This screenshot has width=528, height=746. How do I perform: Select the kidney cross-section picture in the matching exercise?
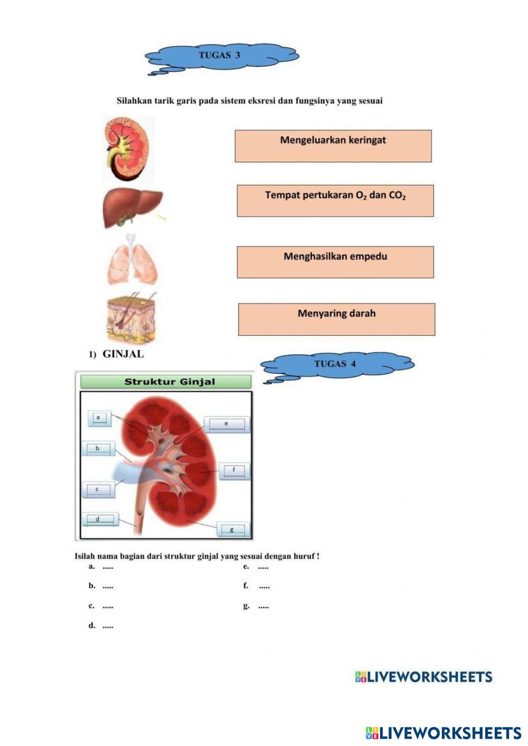point(127,148)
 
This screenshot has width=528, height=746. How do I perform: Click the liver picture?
point(133,207)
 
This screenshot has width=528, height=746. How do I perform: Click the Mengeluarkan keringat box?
point(333,146)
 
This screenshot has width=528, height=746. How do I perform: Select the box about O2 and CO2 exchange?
point(335,201)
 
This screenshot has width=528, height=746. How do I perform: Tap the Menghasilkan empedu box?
point(335,262)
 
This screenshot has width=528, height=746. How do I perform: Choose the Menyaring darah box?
point(337,319)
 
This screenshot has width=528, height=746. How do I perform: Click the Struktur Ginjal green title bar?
point(166,382)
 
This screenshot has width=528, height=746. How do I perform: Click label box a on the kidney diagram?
point(99,418)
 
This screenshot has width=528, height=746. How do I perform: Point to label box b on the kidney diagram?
point(98,449)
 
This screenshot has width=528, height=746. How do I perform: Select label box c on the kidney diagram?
point(98,490)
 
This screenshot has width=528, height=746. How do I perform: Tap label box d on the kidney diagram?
point(99,520)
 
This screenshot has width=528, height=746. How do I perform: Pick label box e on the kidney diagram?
point(227,424)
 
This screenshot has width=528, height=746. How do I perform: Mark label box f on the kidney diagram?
point(234,470)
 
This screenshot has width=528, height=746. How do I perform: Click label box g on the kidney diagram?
point(231,530)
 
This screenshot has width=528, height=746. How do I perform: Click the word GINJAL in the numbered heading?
point(123,354)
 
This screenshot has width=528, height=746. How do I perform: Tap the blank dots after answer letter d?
point(108,627)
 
